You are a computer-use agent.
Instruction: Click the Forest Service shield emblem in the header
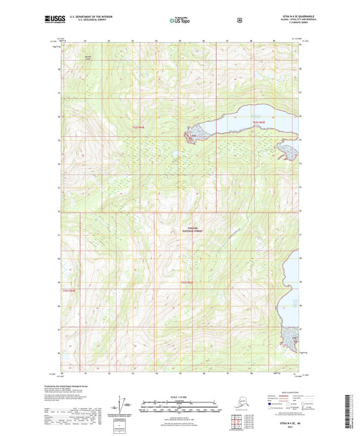[x=239, y=20]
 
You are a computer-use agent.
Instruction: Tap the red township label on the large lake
[x=260, y=122]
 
